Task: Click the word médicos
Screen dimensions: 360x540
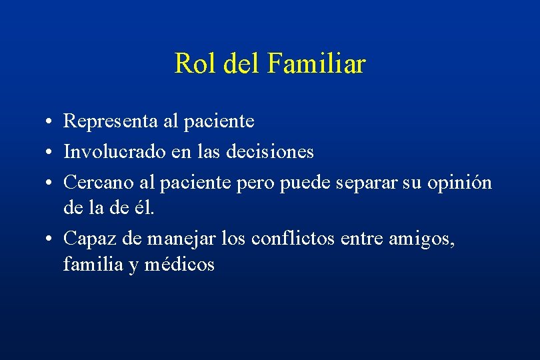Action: point(182,265)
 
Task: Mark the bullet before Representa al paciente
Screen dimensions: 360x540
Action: point(51,122)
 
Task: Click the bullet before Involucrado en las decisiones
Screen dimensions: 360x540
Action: point(51,153)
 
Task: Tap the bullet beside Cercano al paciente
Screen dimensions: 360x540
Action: point(51,183)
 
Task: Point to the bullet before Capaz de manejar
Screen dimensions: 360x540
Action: point(51,239)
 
